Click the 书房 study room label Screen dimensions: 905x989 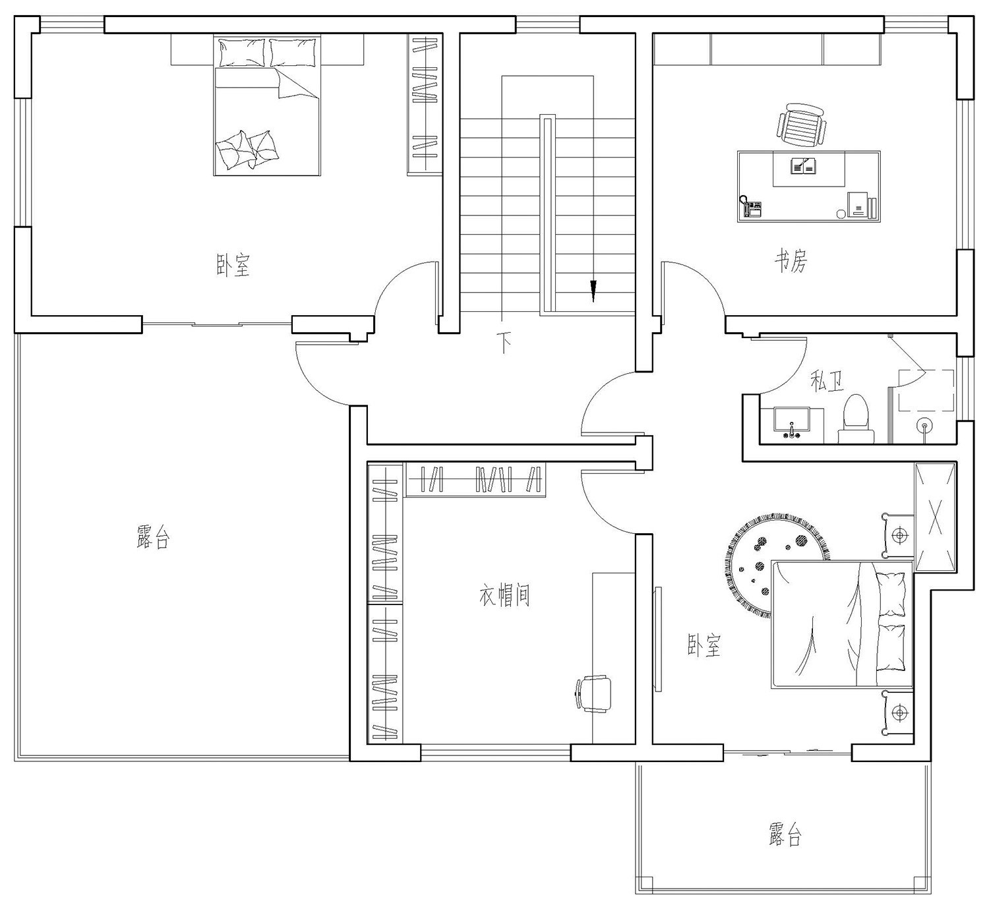pos(790,262)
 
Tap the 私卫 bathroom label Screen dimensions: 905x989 pos(827,381)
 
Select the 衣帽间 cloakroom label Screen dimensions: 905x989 pos(504,596)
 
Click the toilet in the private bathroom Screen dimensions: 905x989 pos(856,418)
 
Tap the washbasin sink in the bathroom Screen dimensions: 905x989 pos(791,422)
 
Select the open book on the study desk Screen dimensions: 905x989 pos(804,165)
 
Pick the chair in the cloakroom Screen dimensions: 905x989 pos(594,693)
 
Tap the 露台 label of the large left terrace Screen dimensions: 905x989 pos(154,538)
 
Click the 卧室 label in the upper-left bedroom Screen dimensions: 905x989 pos(233,265)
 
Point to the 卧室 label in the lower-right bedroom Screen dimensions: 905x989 pos(704,646)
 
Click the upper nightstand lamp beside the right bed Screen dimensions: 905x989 pos(899,535)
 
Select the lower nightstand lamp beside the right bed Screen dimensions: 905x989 pos(898,713)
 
